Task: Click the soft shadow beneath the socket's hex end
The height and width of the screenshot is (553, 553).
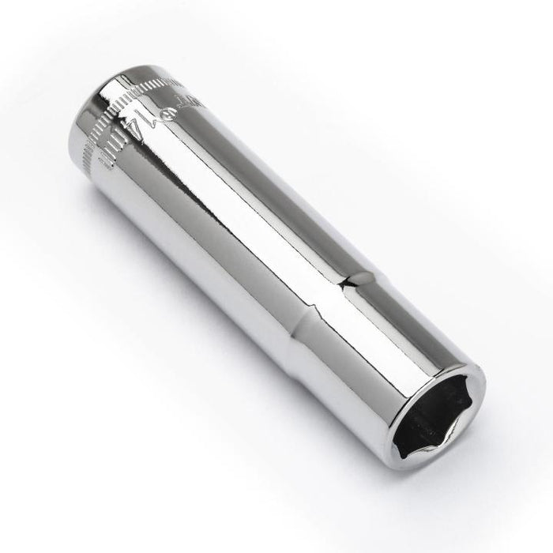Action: tap(442, 482)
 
